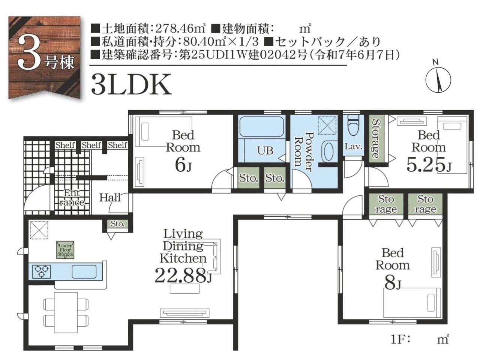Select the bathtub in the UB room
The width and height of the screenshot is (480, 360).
pyautogui.click(x=261, y=126)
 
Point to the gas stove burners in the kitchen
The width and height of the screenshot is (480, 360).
pyautogui.click(x=41, y=272)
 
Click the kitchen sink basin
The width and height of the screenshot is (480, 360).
pyautogui.click(x=84, y=272)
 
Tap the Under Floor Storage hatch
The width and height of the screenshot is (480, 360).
pyautogui.click(x=65, y=250)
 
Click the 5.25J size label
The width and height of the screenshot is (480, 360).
pyautogui.click(x=429, y=165)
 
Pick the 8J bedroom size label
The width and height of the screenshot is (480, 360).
pyautogui.click(x=393, y=283)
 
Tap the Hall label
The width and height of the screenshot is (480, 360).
pyautogui.click(x=110, y=198)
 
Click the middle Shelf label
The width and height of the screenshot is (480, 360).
pyautogui.click(x=91, y=145)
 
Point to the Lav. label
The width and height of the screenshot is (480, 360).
pyautogui.click(x=353, y=147)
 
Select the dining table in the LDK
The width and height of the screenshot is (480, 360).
pyautogui.click(x=66, y=313)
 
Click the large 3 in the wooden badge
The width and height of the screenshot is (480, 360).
pyautogui.click(x=30, y=52)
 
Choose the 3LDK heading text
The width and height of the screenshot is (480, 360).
pyautogui.click(x=131, y=84)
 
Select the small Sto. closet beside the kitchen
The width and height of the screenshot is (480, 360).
pyautogui.click(x=118, y=224)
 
